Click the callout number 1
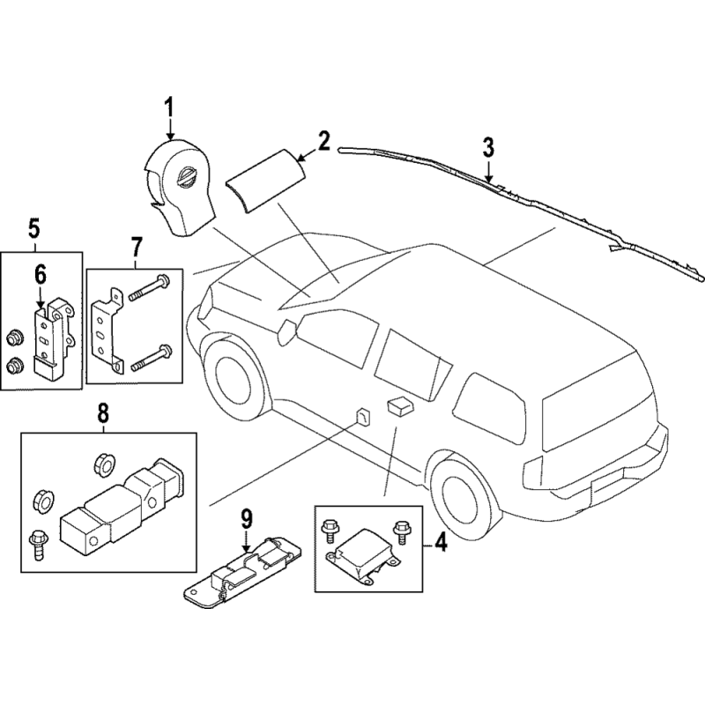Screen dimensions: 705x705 click(169, 108)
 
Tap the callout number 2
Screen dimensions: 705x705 click(323, 141)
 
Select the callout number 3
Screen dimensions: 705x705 click(488, 147)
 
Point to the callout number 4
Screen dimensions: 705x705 click(441, 542)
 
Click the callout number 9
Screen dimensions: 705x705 click(247, 519)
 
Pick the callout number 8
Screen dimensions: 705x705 click(103, 412)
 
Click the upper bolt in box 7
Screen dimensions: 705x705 click(149, 289)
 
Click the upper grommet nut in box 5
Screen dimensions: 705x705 click(14, 338)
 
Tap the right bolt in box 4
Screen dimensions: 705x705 click(400, 529)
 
